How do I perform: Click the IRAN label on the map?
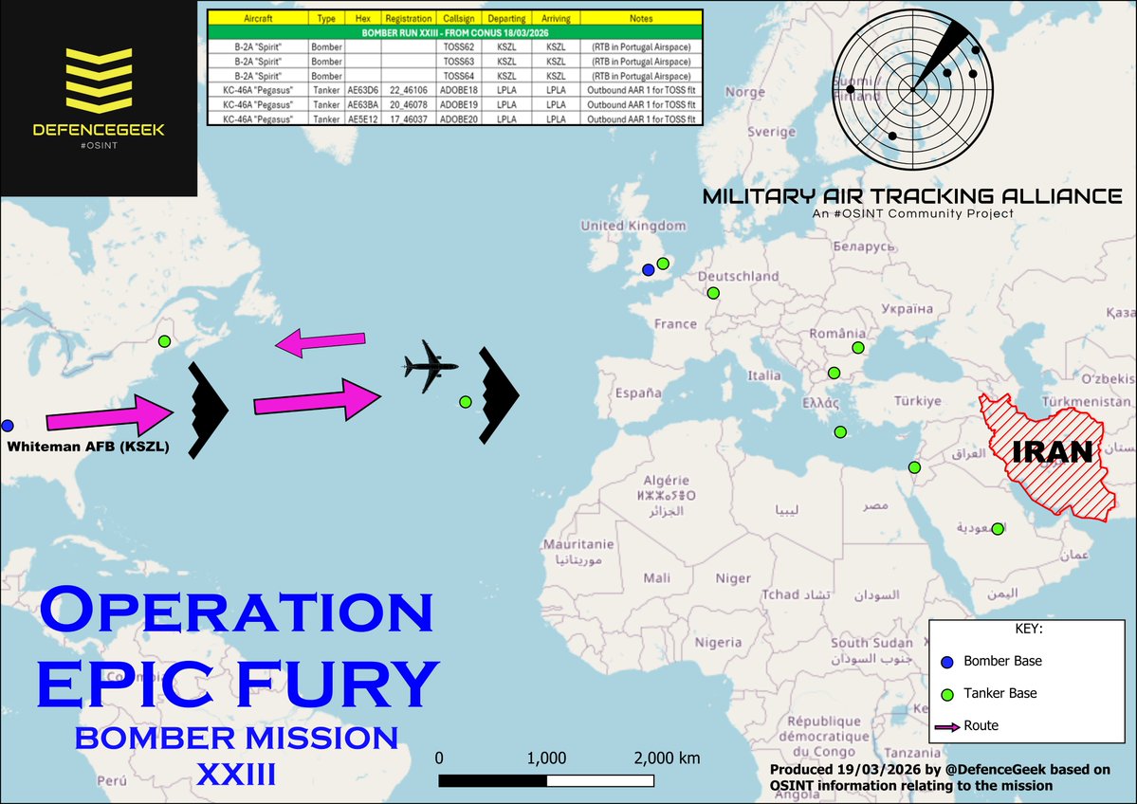click(x=1053, y=452)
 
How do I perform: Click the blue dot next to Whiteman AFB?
click(x=7, y=426)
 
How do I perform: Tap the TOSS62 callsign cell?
click(x=459, y=46)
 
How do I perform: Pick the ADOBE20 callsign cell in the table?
click(x=459, y=119)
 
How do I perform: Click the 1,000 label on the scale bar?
click(x=546, y=758)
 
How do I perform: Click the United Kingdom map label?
click(x=633, y=226)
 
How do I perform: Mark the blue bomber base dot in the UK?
click(x=648, y=270)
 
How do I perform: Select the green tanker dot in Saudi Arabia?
click(x=997, y=529)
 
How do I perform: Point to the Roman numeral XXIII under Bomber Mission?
click(x=236, y=776)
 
